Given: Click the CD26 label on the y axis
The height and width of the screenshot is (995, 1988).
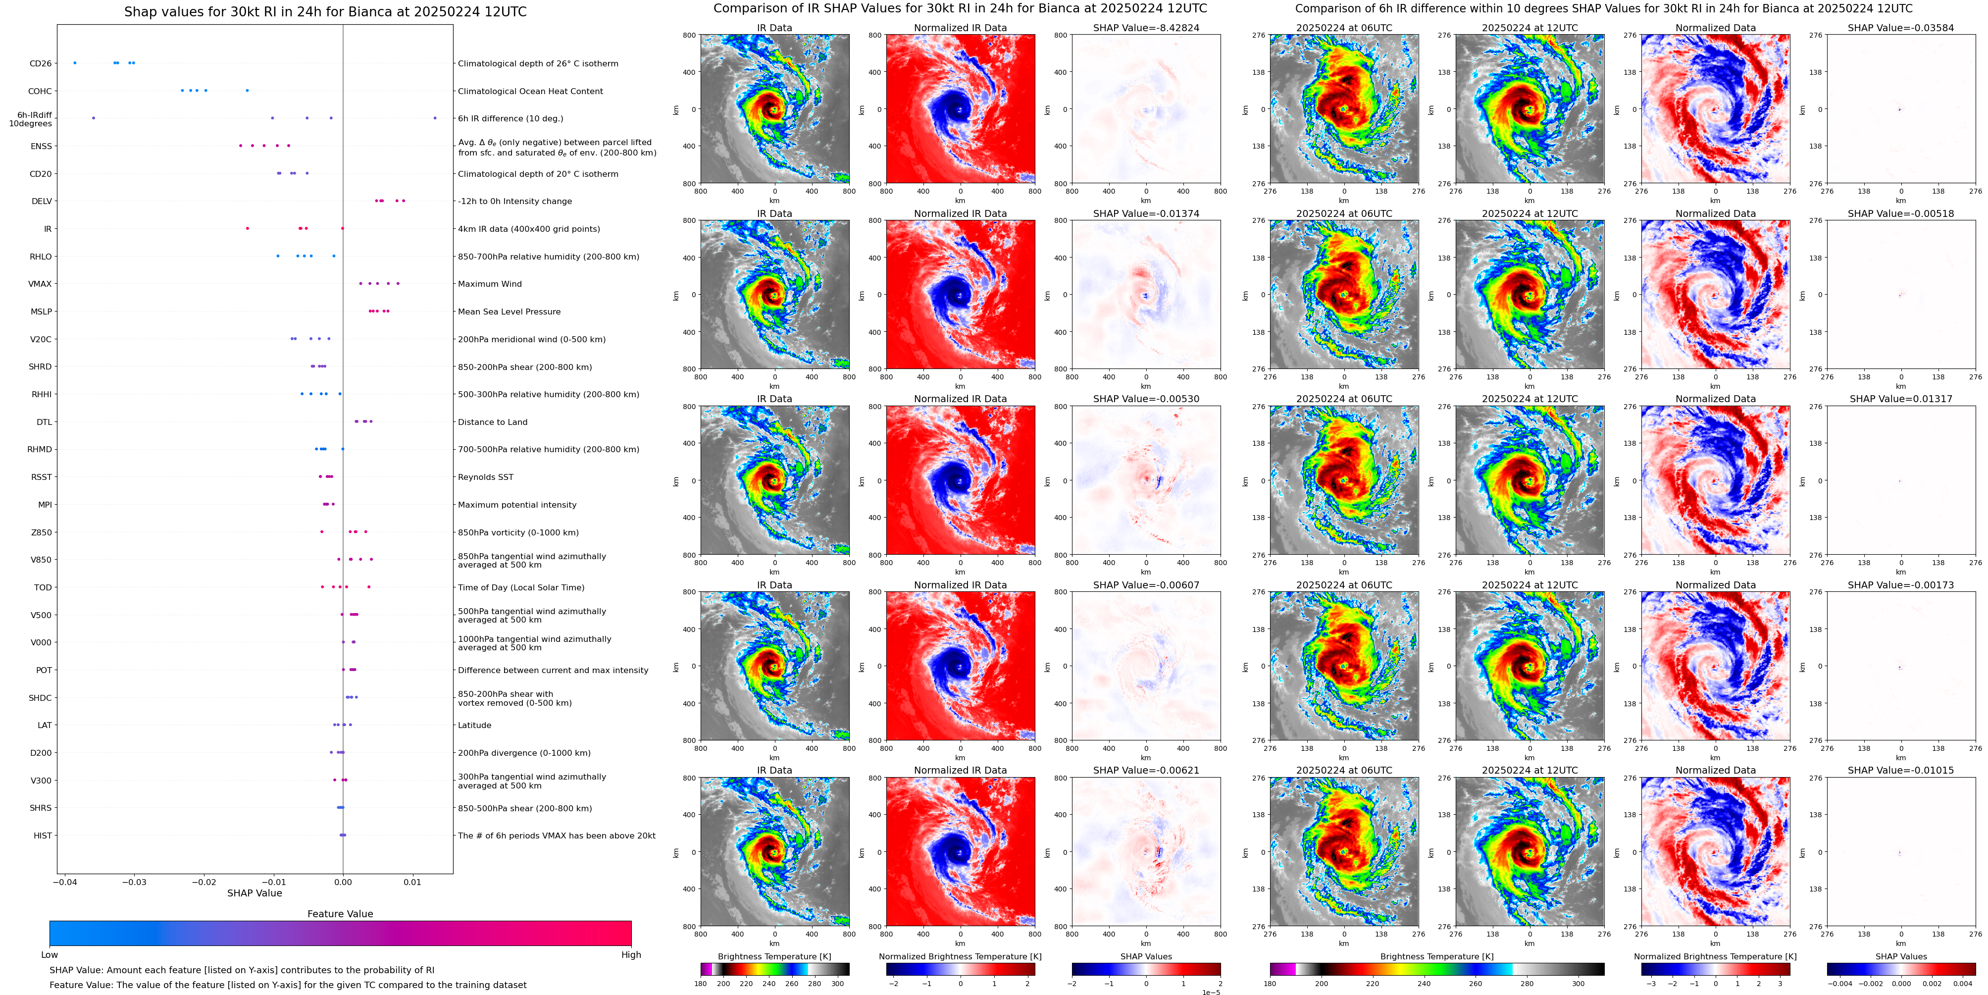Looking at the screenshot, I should pos(40,63).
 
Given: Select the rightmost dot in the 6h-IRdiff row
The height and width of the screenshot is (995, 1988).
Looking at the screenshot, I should pos(435,118).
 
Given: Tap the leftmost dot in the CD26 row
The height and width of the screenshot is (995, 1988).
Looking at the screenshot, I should pos(75,62).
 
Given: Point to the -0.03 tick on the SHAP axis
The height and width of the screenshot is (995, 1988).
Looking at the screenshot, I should pos(134,882).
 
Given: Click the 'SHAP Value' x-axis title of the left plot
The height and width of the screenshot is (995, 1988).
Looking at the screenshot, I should pos(254,893).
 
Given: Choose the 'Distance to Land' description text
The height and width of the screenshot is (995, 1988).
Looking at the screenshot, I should pos(492,422).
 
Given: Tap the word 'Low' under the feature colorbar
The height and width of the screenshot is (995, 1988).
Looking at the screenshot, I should pos(50,955).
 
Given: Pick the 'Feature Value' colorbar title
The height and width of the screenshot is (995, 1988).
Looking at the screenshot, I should pos(340,914).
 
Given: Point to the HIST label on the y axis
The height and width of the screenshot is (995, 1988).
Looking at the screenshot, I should pos(43,835).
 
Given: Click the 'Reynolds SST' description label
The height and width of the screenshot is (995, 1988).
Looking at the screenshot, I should pos(485,477).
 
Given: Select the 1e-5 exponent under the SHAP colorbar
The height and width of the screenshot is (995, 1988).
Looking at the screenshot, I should pos(1210,992).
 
